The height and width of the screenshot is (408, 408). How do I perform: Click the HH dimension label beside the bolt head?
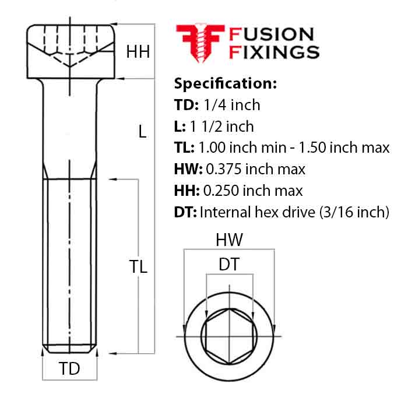pyautogui.click(x=138, y=52)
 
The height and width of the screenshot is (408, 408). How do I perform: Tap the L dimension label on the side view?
pyautogui.click(x=142, y=132)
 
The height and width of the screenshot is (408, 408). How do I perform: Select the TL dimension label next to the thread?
pyautogui.click(x=138, y=267)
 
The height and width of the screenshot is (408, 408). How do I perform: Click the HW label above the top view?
pyautogui.click(x=229, y=240)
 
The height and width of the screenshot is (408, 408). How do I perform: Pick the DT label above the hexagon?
pyautogui.click(x=229, y=265)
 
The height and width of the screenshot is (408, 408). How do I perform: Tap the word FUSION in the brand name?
pyautogui.click(x=271, y=35)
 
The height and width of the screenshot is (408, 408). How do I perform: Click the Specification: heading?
pyautogui.click(x=225, y=83)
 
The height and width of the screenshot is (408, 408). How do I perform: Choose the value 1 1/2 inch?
pyautogui.click(x=222, y=126)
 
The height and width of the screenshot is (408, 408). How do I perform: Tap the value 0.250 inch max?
pyautogui.click(x=252, y=191)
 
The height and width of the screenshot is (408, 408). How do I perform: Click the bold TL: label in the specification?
pyautogui.click(x=185, y=147)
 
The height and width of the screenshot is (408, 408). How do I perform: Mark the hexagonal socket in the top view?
pyautogui.click(x=229, y=336)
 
